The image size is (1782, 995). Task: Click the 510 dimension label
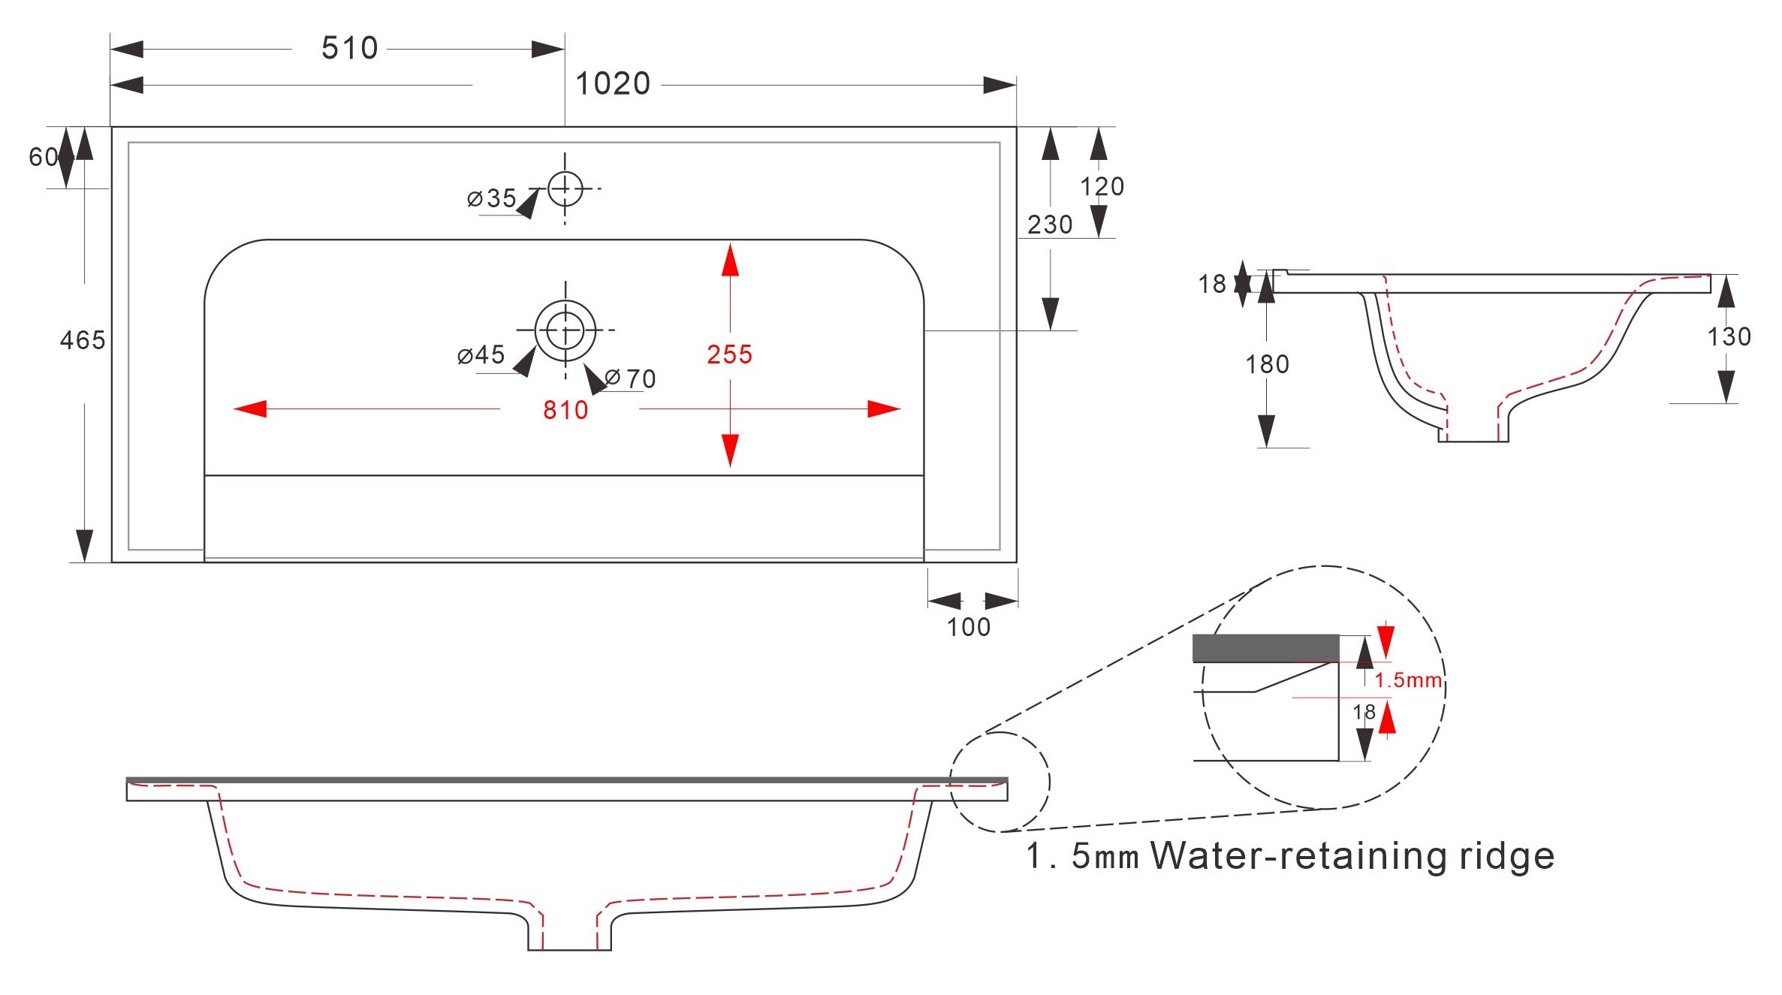point(349,48)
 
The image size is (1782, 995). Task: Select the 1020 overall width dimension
point(613,83)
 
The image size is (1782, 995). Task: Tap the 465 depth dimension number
point(83,340)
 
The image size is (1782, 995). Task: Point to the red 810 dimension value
point(565,410)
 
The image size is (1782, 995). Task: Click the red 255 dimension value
point(729,354)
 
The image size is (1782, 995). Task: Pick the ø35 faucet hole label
point(492,198)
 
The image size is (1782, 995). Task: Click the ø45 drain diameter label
point(481,354)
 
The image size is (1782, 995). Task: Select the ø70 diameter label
point(631,378)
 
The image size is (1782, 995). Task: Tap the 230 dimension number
point(1050,225)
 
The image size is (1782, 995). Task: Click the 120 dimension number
point(1102,186)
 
